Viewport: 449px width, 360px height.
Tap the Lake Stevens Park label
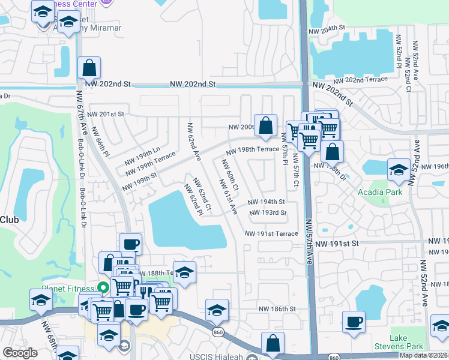pyautogui.click(x=406, y=343)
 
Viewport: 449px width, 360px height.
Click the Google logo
pyautogui.click(x=20, y=352)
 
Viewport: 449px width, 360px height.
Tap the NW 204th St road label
pyautogui.click(x=327, y=28)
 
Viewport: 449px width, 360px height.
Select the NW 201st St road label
pyautogui.click(x=105, y=114)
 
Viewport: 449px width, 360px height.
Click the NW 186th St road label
pyautogui.click(x=277, y=308)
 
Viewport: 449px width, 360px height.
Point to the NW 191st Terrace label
pyautogui.click(x=271, y=233)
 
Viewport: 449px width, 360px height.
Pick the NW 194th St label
pyautogui.click(x=265, y=203)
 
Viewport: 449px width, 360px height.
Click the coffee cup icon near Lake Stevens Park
pyautogui.click(x=353, y=322)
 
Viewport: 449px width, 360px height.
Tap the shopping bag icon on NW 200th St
pyautogui.click(x=265, y=125)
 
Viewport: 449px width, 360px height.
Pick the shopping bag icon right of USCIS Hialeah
pyautogui.click(x=273, y=343)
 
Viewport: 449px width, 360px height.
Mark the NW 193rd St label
pyautogui.click(x=266, y=213)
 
